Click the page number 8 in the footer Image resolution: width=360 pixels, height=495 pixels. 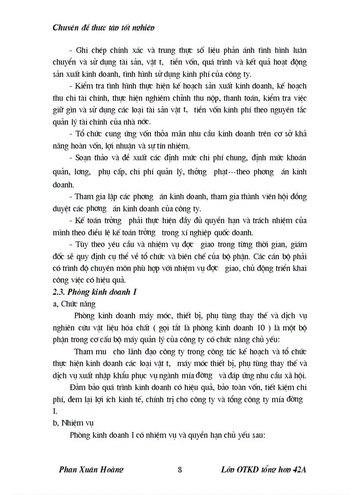(180, 469)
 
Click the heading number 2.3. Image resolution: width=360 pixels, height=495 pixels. (59, 291)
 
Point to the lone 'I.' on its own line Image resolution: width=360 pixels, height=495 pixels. (55, 411)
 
